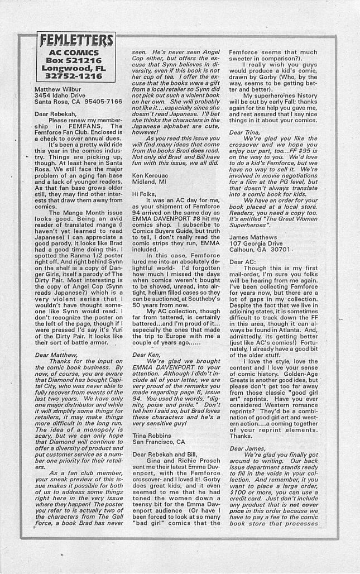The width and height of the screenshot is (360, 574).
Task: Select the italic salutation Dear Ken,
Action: [146, 355]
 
